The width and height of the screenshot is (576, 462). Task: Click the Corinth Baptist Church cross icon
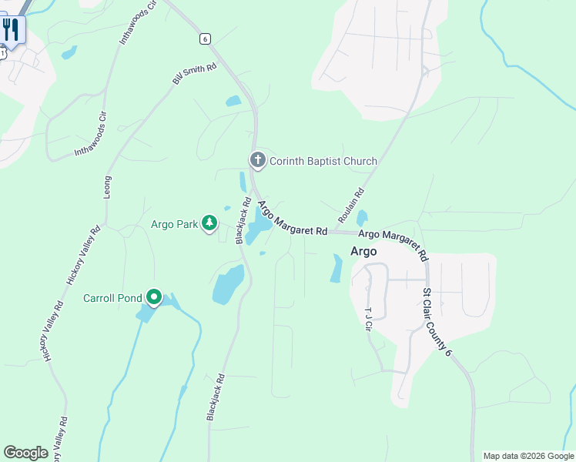pos(257,160)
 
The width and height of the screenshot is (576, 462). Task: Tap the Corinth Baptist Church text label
pos(323,161)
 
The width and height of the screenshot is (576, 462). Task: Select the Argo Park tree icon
pos(209,223)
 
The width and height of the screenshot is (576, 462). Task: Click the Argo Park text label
pos(174,224)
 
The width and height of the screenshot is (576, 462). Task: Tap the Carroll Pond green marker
pos(154,296)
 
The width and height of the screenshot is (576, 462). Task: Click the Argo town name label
pos(363,251)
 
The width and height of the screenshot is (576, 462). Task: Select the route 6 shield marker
pos(204,38)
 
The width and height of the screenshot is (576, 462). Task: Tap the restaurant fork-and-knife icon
pos(11,31)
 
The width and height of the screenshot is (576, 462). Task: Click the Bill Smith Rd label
pos(195,75)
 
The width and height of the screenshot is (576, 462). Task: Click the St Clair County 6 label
pos(436,322)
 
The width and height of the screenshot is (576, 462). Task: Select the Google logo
pos(25,453)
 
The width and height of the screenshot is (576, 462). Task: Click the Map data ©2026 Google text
pos(529,456)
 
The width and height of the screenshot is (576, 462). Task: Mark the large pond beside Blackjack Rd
pos(228,285)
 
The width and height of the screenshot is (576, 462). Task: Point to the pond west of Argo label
pos(337,268)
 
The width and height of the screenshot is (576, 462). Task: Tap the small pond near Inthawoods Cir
pos(69,52)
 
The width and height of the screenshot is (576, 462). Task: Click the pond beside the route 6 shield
pos(233,101)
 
